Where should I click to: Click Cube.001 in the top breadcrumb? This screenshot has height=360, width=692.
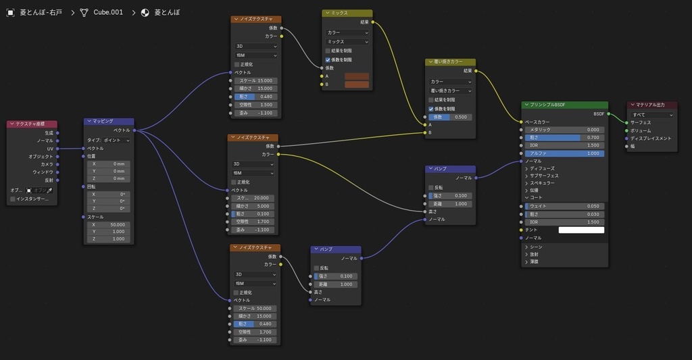pos(108,12)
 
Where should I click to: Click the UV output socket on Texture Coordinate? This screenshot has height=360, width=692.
pos(59,149)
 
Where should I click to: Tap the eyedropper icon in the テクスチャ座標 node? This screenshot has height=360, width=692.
pos(49,190)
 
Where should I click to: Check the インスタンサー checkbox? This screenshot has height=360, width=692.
pos(13,199)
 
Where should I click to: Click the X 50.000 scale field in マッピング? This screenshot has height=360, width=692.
pos(109,224)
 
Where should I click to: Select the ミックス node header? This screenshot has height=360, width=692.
pos(347,13)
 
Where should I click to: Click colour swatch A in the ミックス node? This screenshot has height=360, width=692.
pos(357,76)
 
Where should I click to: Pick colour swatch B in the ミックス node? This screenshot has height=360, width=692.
pos(357,84)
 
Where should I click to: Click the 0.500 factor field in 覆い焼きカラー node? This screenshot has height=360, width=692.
pos(449,117)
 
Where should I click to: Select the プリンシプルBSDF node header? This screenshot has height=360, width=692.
pos(564,105)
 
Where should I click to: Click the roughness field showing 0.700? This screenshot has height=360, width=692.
pos(564,137)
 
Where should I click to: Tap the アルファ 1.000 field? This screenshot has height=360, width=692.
pos(564,153)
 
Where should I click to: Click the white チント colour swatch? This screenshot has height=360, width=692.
pos(581,230)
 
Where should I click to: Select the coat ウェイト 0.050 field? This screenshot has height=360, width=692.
pos(564,206)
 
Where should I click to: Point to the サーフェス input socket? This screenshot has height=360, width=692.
pos(627,122)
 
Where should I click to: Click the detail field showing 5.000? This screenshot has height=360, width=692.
pos(253,206)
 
